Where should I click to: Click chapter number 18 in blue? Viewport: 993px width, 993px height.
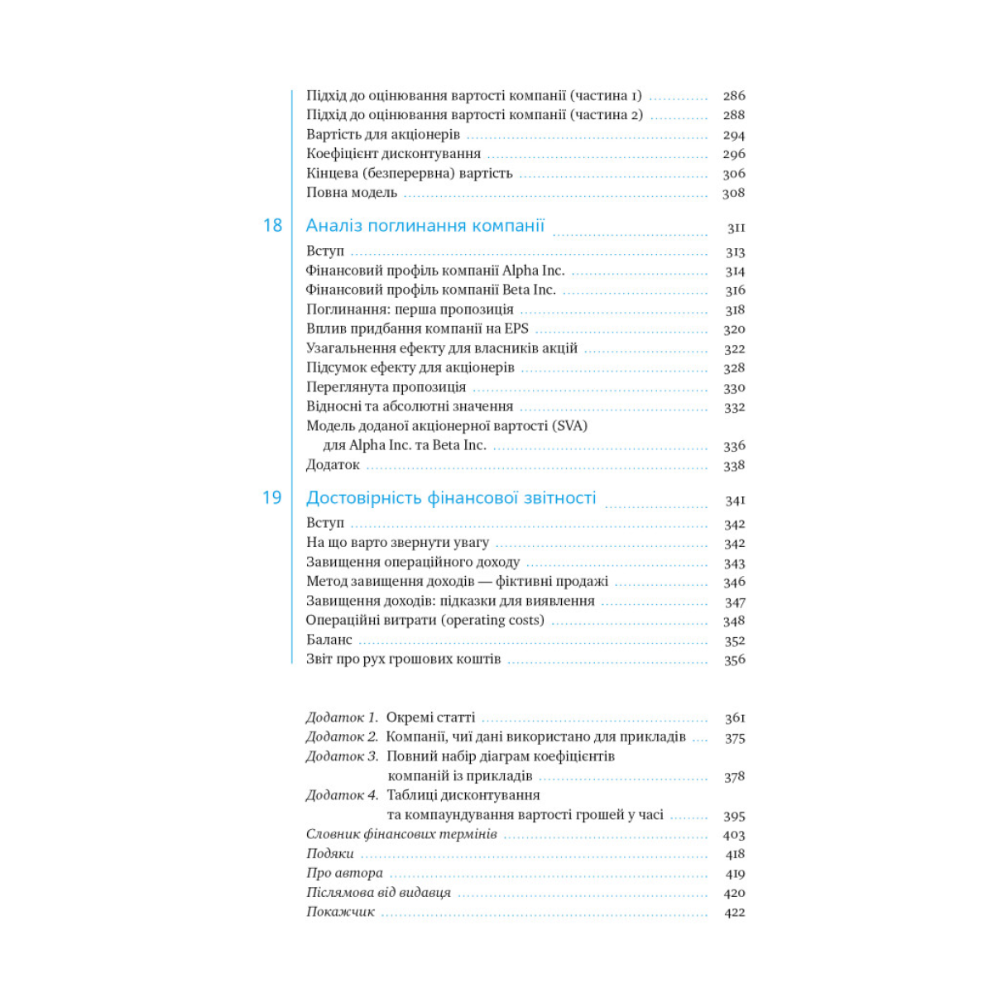272,225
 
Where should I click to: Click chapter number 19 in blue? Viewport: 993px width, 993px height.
272,497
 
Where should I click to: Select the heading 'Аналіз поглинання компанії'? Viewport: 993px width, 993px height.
425,225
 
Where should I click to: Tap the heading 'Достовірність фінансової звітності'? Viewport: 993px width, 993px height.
451,497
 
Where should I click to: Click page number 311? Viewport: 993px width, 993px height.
736,228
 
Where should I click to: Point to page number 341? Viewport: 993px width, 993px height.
735,501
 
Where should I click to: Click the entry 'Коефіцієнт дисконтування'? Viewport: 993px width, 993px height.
393,154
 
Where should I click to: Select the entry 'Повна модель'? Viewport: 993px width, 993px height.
352,193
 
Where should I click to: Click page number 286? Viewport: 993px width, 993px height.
734,96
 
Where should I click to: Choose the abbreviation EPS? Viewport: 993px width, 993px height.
516,329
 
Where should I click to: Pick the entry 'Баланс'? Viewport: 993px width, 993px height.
329,640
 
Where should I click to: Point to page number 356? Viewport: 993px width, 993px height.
734,660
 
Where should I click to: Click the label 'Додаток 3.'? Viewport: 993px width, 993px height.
343,756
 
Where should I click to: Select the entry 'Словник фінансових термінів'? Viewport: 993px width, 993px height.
401,834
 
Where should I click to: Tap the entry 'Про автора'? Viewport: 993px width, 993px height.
344,873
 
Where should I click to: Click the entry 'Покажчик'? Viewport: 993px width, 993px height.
340,912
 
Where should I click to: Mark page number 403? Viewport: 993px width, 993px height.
734,835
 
